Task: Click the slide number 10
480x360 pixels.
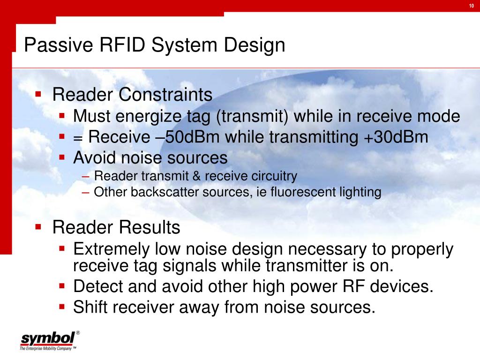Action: click(472, 6)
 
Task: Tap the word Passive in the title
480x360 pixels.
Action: click(59, 45)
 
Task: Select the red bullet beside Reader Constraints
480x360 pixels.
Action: click(38, 94)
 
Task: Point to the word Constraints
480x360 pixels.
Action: click(165, 94)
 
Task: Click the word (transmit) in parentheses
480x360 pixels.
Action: click(252, 117)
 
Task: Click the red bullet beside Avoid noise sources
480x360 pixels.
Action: click(62, 157)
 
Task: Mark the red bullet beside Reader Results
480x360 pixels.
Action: click(38, 227)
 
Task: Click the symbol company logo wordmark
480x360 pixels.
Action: click(47, 338)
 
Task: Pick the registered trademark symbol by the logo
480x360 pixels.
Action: click(78, 333)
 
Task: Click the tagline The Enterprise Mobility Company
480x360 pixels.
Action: click(46, 348)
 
